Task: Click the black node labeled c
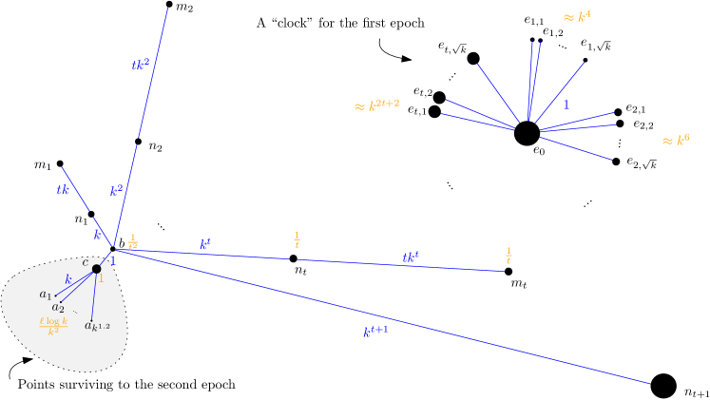(97, 269)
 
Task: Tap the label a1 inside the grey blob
(46, 295)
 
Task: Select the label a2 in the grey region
(58, 308)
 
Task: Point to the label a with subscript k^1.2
(97, 326)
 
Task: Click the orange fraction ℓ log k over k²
(53, 326)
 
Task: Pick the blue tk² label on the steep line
(141, 65)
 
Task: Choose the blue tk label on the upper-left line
(63, 190)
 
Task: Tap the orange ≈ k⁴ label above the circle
(577, 17)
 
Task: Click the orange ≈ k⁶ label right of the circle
(676, 141)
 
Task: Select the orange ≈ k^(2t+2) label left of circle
(376, 105)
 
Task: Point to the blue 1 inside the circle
(566, 105)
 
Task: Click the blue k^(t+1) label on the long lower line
(375, 332)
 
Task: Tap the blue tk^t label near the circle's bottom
(412, 257)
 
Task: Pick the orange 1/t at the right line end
(509, 256)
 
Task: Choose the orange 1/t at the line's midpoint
(297, 240)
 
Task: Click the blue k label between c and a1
(67, 279)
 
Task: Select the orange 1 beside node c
(101, 279)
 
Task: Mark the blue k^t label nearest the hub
(204, 244)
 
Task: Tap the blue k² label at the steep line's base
(116, 191)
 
